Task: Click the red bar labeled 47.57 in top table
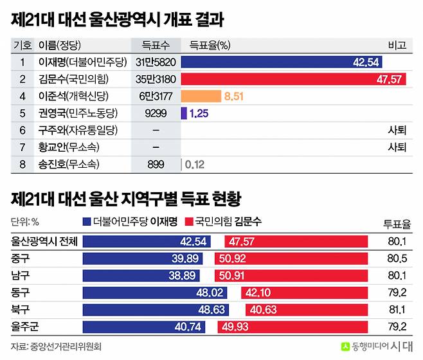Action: click(x=296, y=79)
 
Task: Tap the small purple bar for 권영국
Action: click(x=184, y=113)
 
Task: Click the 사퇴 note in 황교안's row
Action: click(x=397, y=147)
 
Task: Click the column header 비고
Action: click(x=397, y=46)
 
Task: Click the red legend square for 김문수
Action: click(x=188, y=222)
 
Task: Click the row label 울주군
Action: click(x=25, y=326)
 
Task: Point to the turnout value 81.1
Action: click(x=396, y=309)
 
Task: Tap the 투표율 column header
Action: click(x=397, y=224)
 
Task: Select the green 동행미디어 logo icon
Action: click(x=345, y=346)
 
